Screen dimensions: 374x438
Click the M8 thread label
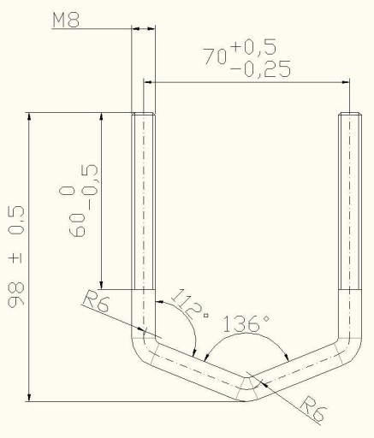point(66,20)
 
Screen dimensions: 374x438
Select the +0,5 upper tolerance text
point(254,47)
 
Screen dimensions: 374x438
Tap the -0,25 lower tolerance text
point(260,69)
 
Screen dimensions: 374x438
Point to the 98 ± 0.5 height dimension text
point(16,257)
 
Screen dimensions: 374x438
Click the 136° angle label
point(246,323)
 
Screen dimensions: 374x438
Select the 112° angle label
point(190,305)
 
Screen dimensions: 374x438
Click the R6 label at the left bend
point(96,301)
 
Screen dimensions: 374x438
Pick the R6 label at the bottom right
point(313,408)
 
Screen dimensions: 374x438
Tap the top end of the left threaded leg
point(144,114)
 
